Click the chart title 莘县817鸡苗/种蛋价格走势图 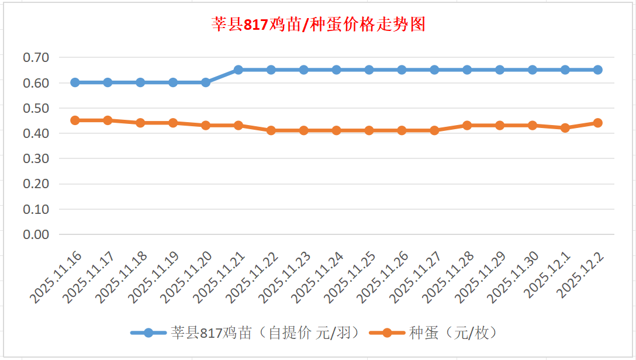point(318,25)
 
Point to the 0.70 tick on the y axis point(36,57)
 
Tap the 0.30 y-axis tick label point(36,158)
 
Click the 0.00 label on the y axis point(36,234)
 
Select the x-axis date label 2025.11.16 point(57,278)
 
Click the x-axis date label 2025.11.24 point(319,278)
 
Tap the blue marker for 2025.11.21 point(238,70)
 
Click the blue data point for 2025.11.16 point(75,82)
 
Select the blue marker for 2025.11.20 point(206,82)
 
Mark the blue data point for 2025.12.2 point(598,70)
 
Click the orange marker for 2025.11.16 point(75,120)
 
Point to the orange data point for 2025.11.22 point(271,130)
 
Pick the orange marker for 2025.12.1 point(565,128)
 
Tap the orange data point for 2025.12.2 point(598,123)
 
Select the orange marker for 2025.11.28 point(467,125)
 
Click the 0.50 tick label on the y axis point(36,108)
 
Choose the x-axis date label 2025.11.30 point(515,278)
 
